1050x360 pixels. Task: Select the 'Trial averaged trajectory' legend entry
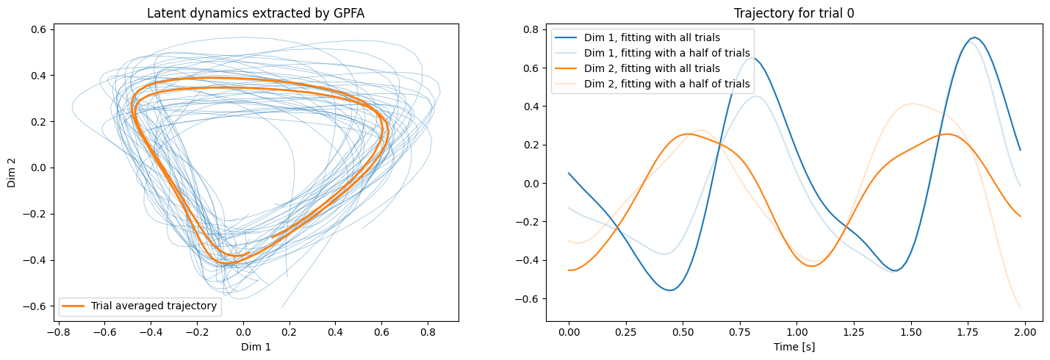[154, 306]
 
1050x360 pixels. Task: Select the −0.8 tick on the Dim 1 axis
[59, 333]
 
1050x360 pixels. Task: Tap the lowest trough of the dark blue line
[670, 290]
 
